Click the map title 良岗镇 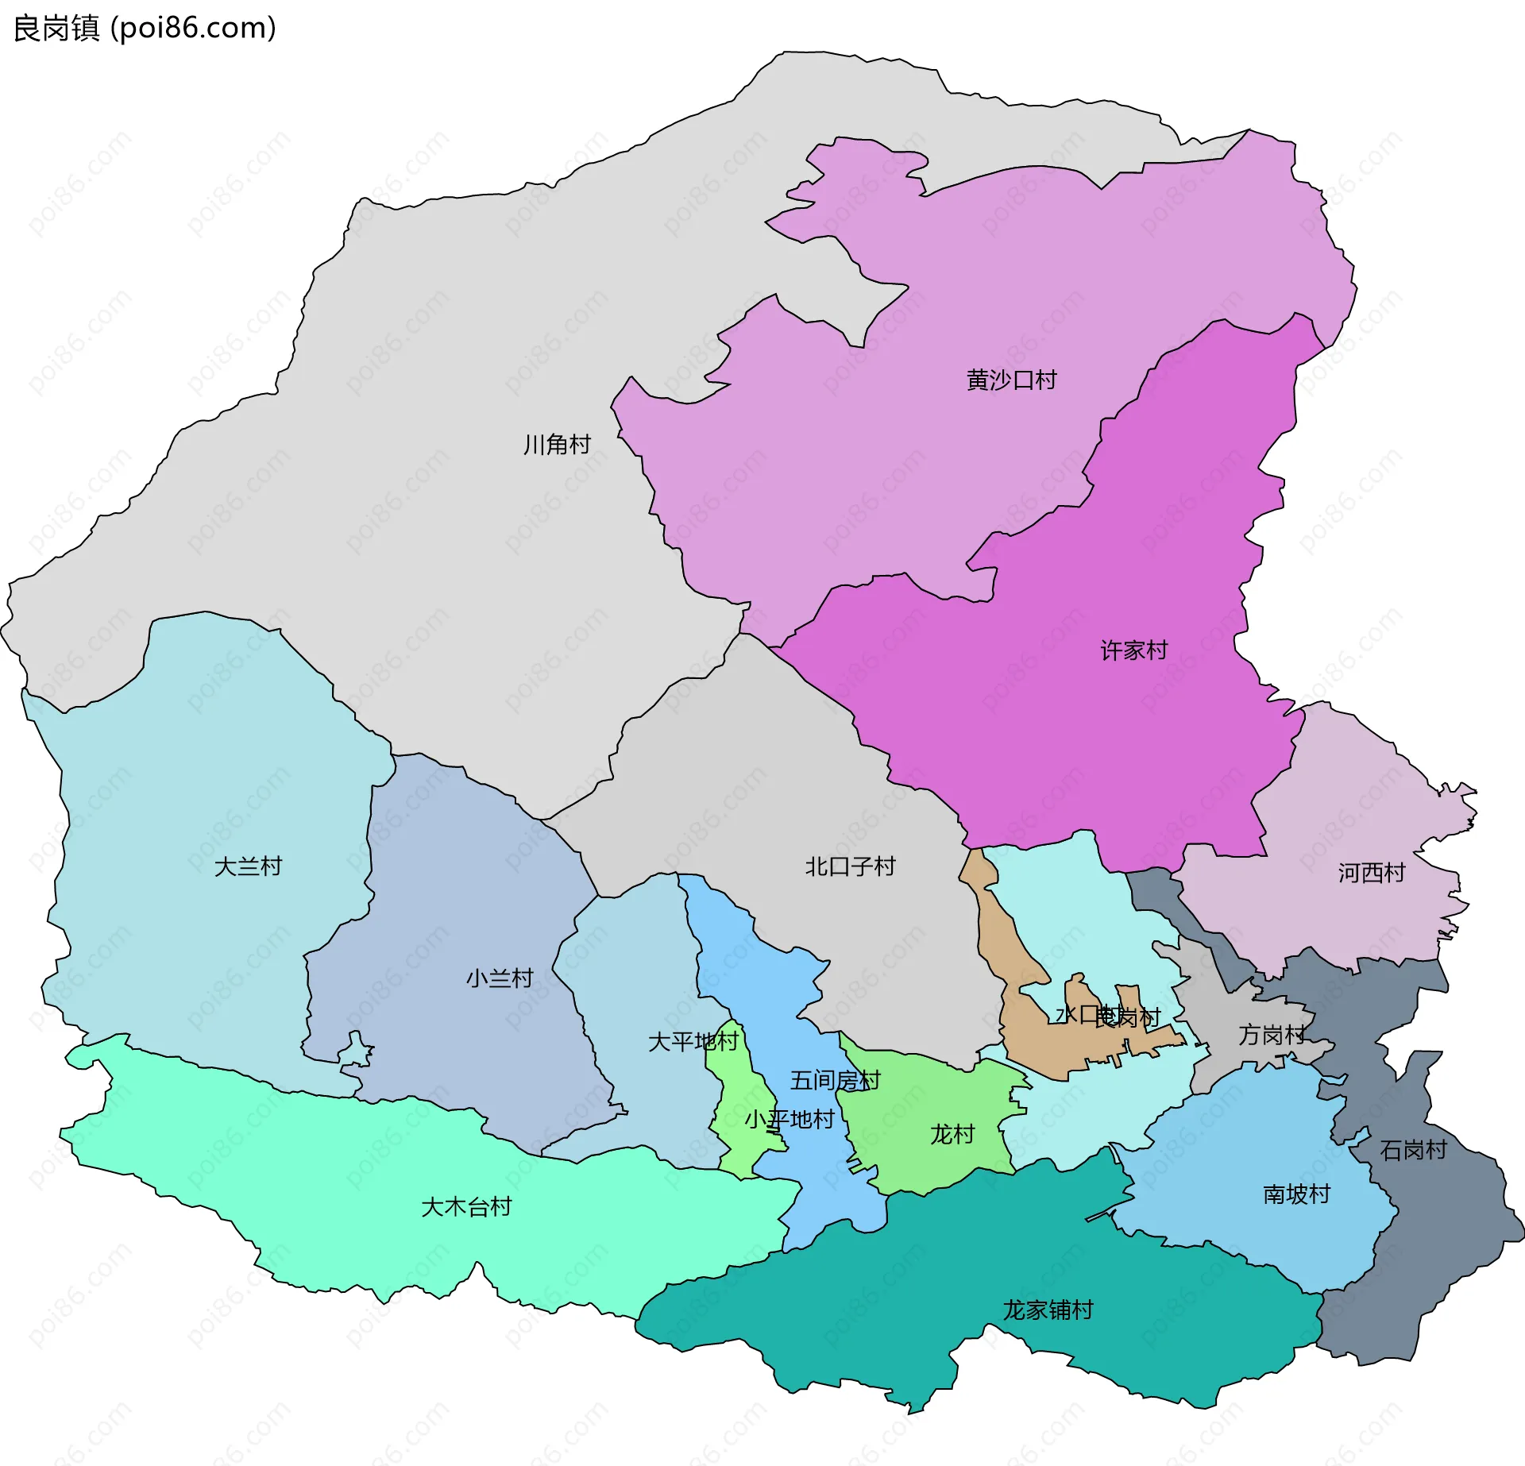(x=56, y=28)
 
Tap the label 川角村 (x=557, y=445)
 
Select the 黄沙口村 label (x=1011, y=380)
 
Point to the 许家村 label (x=1133, y=650)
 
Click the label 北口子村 (x=850, y=866)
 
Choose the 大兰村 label (x=248, y=866)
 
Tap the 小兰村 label (x=499, y=978)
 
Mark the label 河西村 (x=1371, y=874)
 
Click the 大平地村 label (x=693, y=1042)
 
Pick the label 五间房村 (x=835, y=1081)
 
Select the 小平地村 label (x=789, y=1120)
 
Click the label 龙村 (x=952, y=1134)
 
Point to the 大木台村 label (x=465, y=1207)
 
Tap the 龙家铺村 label (x=1048, y=1310)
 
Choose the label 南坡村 (x=1296, y=1194)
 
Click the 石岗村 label (x=1413, y=1150)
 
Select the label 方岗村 (x=1271, y=1035)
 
